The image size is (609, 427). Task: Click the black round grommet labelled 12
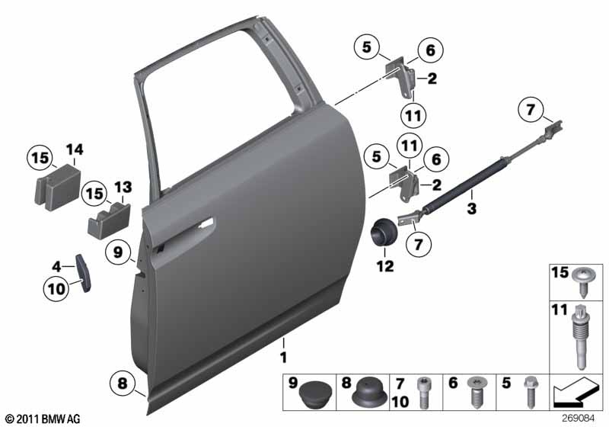coord(384,232)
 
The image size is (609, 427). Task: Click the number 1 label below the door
coord(283,357)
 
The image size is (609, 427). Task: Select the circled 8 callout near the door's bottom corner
coord(123,384)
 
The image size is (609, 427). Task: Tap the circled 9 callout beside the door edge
coord(118,252)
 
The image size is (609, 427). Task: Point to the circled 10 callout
coord(56,288)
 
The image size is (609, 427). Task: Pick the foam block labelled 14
coord(58,188)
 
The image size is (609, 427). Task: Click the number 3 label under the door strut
coord(471,208)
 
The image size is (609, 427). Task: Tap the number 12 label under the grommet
coord(385,266)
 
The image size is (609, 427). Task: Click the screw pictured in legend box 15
coord(583,281)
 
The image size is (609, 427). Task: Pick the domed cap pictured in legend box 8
coord(369,393)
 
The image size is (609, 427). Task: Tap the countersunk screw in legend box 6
coord(478,391)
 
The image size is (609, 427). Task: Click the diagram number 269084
coord(578,419)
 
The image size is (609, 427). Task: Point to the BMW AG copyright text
coord(43,419)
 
